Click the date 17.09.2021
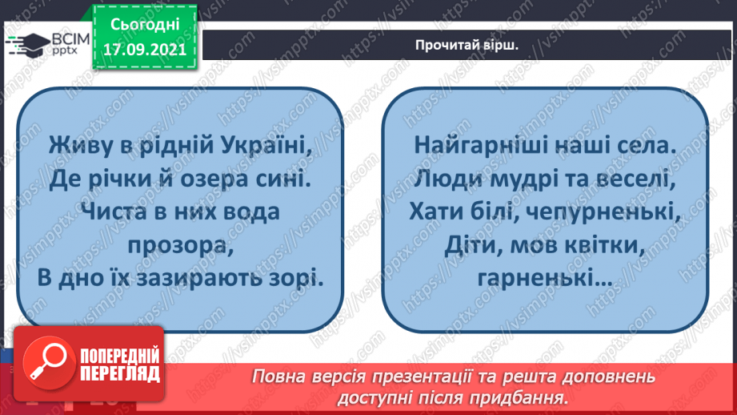click(143, 47)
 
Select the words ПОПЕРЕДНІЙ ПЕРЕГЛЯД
click(120, 365)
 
